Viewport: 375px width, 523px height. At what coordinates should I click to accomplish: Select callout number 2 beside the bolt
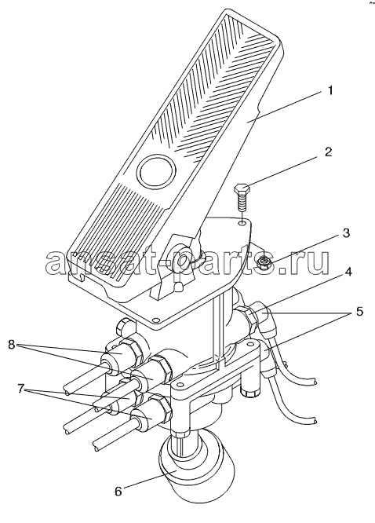point(329,152)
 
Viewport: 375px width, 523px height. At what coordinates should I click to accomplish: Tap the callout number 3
point(346,232)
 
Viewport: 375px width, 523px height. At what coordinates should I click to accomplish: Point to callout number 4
point(348,272)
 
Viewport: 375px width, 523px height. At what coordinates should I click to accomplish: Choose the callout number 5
point(359,312)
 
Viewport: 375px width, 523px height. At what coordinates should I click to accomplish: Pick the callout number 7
point(21,389)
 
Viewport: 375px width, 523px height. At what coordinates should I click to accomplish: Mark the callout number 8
point(12,345)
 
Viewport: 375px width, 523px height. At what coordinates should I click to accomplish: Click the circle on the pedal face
point(156,170)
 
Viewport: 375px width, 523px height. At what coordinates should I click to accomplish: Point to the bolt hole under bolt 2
point(243,221)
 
